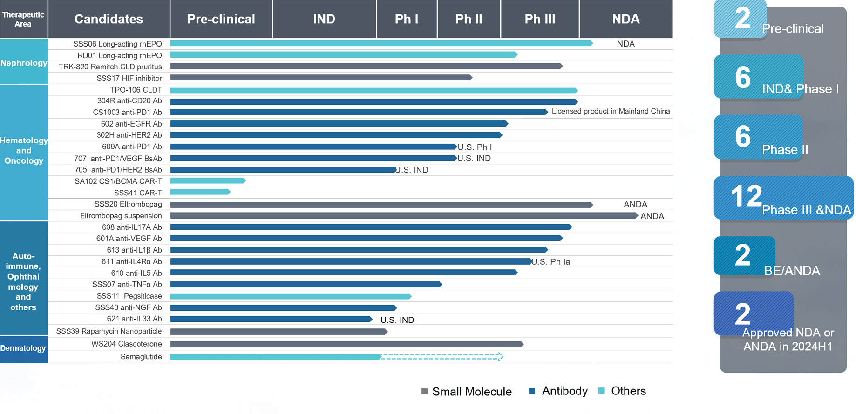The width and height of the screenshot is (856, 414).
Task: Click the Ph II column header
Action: [469, 19]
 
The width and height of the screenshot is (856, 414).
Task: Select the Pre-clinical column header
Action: [221, 19]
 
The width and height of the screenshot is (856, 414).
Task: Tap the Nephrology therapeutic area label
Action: [24, 63]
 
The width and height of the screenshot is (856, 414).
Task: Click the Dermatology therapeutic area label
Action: [23, 348]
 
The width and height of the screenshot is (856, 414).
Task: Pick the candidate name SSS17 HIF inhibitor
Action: [129, 78]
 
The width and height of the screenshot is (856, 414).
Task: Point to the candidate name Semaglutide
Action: [141, 357]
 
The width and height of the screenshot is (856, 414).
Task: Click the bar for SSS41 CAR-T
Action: [200, 192]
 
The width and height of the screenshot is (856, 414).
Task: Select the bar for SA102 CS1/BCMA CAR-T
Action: [208, 180]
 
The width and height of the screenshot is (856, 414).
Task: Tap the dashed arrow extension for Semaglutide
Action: [442, 357]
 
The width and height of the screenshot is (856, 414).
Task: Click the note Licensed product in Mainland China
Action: [611, 111]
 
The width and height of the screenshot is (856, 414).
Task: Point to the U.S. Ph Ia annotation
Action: [551, 262]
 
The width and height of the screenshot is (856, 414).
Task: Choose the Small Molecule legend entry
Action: [467, 392]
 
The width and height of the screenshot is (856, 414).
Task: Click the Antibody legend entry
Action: [559, 391]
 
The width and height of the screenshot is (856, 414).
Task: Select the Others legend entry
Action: [622, 391]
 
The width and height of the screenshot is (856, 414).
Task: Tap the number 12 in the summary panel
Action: [746, 196]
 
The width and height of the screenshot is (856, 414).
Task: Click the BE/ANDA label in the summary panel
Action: [792, 270]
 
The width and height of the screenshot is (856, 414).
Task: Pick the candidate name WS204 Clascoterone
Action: [126, 344]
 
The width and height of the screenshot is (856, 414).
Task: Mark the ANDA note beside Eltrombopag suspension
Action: [652, 216]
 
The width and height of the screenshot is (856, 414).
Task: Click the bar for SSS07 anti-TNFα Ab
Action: [306, 284]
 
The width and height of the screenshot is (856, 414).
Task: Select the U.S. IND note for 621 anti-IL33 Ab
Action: [397, 320]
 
